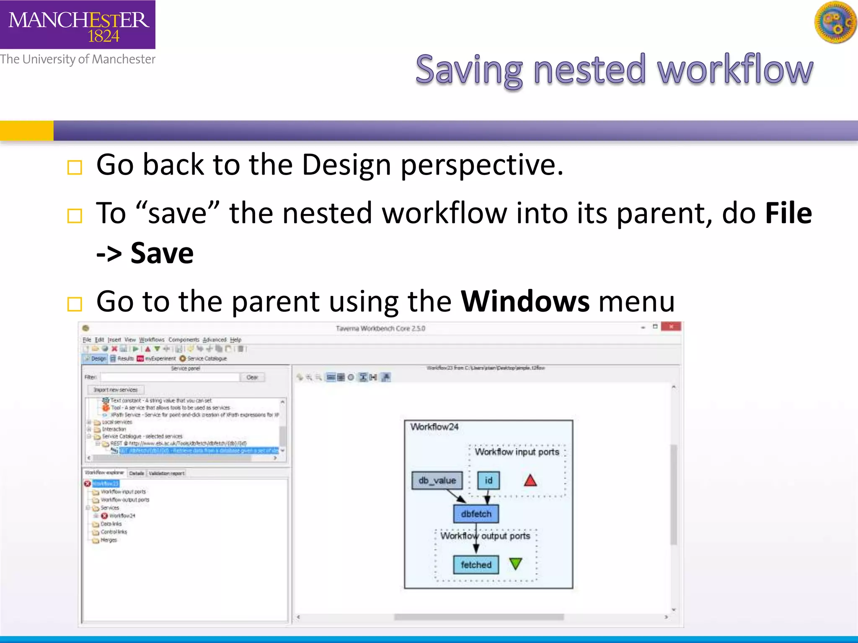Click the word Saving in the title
click(468, 70)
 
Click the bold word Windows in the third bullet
click(525, 301)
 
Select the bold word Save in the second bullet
click(162, 253)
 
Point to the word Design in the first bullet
click(346, 165)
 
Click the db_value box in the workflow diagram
click(437, 481)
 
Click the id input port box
click(488, 481)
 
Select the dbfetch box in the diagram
click(476, 514)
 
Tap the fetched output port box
click(476, 565)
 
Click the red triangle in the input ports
click(530, 481)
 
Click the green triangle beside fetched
click(515, 564)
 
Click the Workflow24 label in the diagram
click(434, 427)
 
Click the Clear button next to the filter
click(252, 377)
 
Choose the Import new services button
click(116, 390)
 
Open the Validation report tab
click(166, 473)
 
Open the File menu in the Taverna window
click(87, 340)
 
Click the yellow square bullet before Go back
click(75, 167)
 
